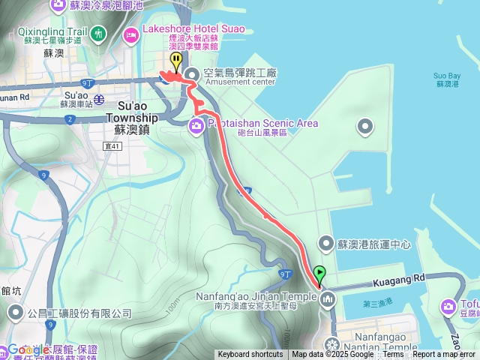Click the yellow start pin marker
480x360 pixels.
tap(175, 60)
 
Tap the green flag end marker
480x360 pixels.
tap(321, 274)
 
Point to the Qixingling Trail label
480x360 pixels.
tap(50, 33)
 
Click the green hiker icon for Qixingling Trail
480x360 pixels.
tap(99, 33)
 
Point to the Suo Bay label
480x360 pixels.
tap(447, 76)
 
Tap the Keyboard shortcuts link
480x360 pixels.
tap(251, 355)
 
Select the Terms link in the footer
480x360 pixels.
tap(393, 355)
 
